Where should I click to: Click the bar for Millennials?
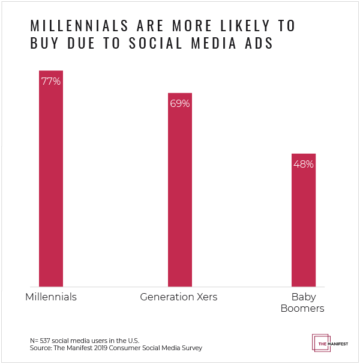51,180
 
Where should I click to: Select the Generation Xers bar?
179,192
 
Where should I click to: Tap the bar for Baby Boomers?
303,222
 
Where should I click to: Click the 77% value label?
51,81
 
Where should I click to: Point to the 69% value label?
179,103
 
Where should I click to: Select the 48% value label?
303,163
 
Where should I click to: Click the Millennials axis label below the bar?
51,297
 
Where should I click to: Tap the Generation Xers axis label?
179,297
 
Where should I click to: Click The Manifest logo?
329,342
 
